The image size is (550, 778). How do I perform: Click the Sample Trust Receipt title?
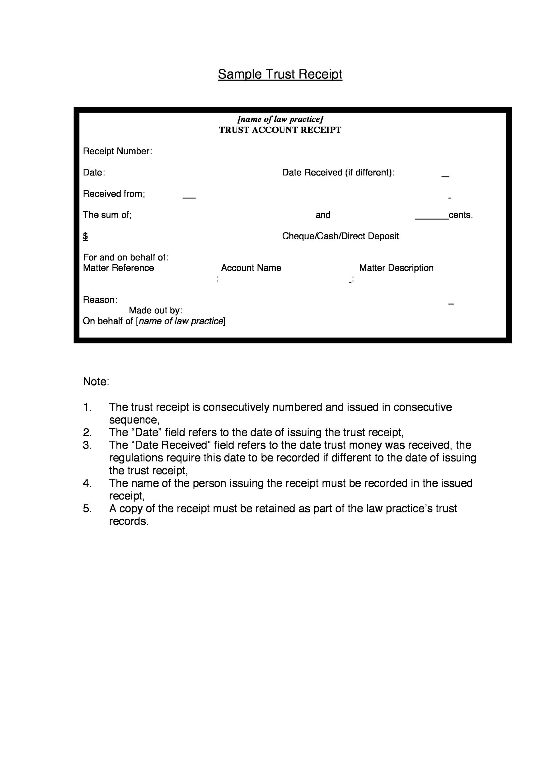[280, 74]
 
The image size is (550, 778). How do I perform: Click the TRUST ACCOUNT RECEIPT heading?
[280, 130]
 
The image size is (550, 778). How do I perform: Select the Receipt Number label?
[117, 151]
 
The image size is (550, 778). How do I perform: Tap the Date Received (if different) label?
[338, 172]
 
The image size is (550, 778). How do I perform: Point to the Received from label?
[114, 194]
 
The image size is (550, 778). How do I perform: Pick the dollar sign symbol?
[85, 236]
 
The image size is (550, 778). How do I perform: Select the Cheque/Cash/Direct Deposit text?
[340, 236]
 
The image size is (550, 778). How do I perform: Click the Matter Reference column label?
[118, 268]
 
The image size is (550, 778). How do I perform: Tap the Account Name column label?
[251, 268]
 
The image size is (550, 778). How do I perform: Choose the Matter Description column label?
[396, 268]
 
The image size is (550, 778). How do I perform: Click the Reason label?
[100, 300]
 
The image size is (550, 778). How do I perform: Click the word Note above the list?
[96, 382]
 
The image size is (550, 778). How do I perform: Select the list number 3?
[87, 445]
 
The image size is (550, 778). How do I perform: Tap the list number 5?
[87, 508]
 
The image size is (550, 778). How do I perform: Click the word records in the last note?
[129, 521]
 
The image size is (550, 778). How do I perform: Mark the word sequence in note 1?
[134, 420]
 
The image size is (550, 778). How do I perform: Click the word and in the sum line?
[323, 215]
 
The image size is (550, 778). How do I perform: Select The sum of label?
[107, 215]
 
